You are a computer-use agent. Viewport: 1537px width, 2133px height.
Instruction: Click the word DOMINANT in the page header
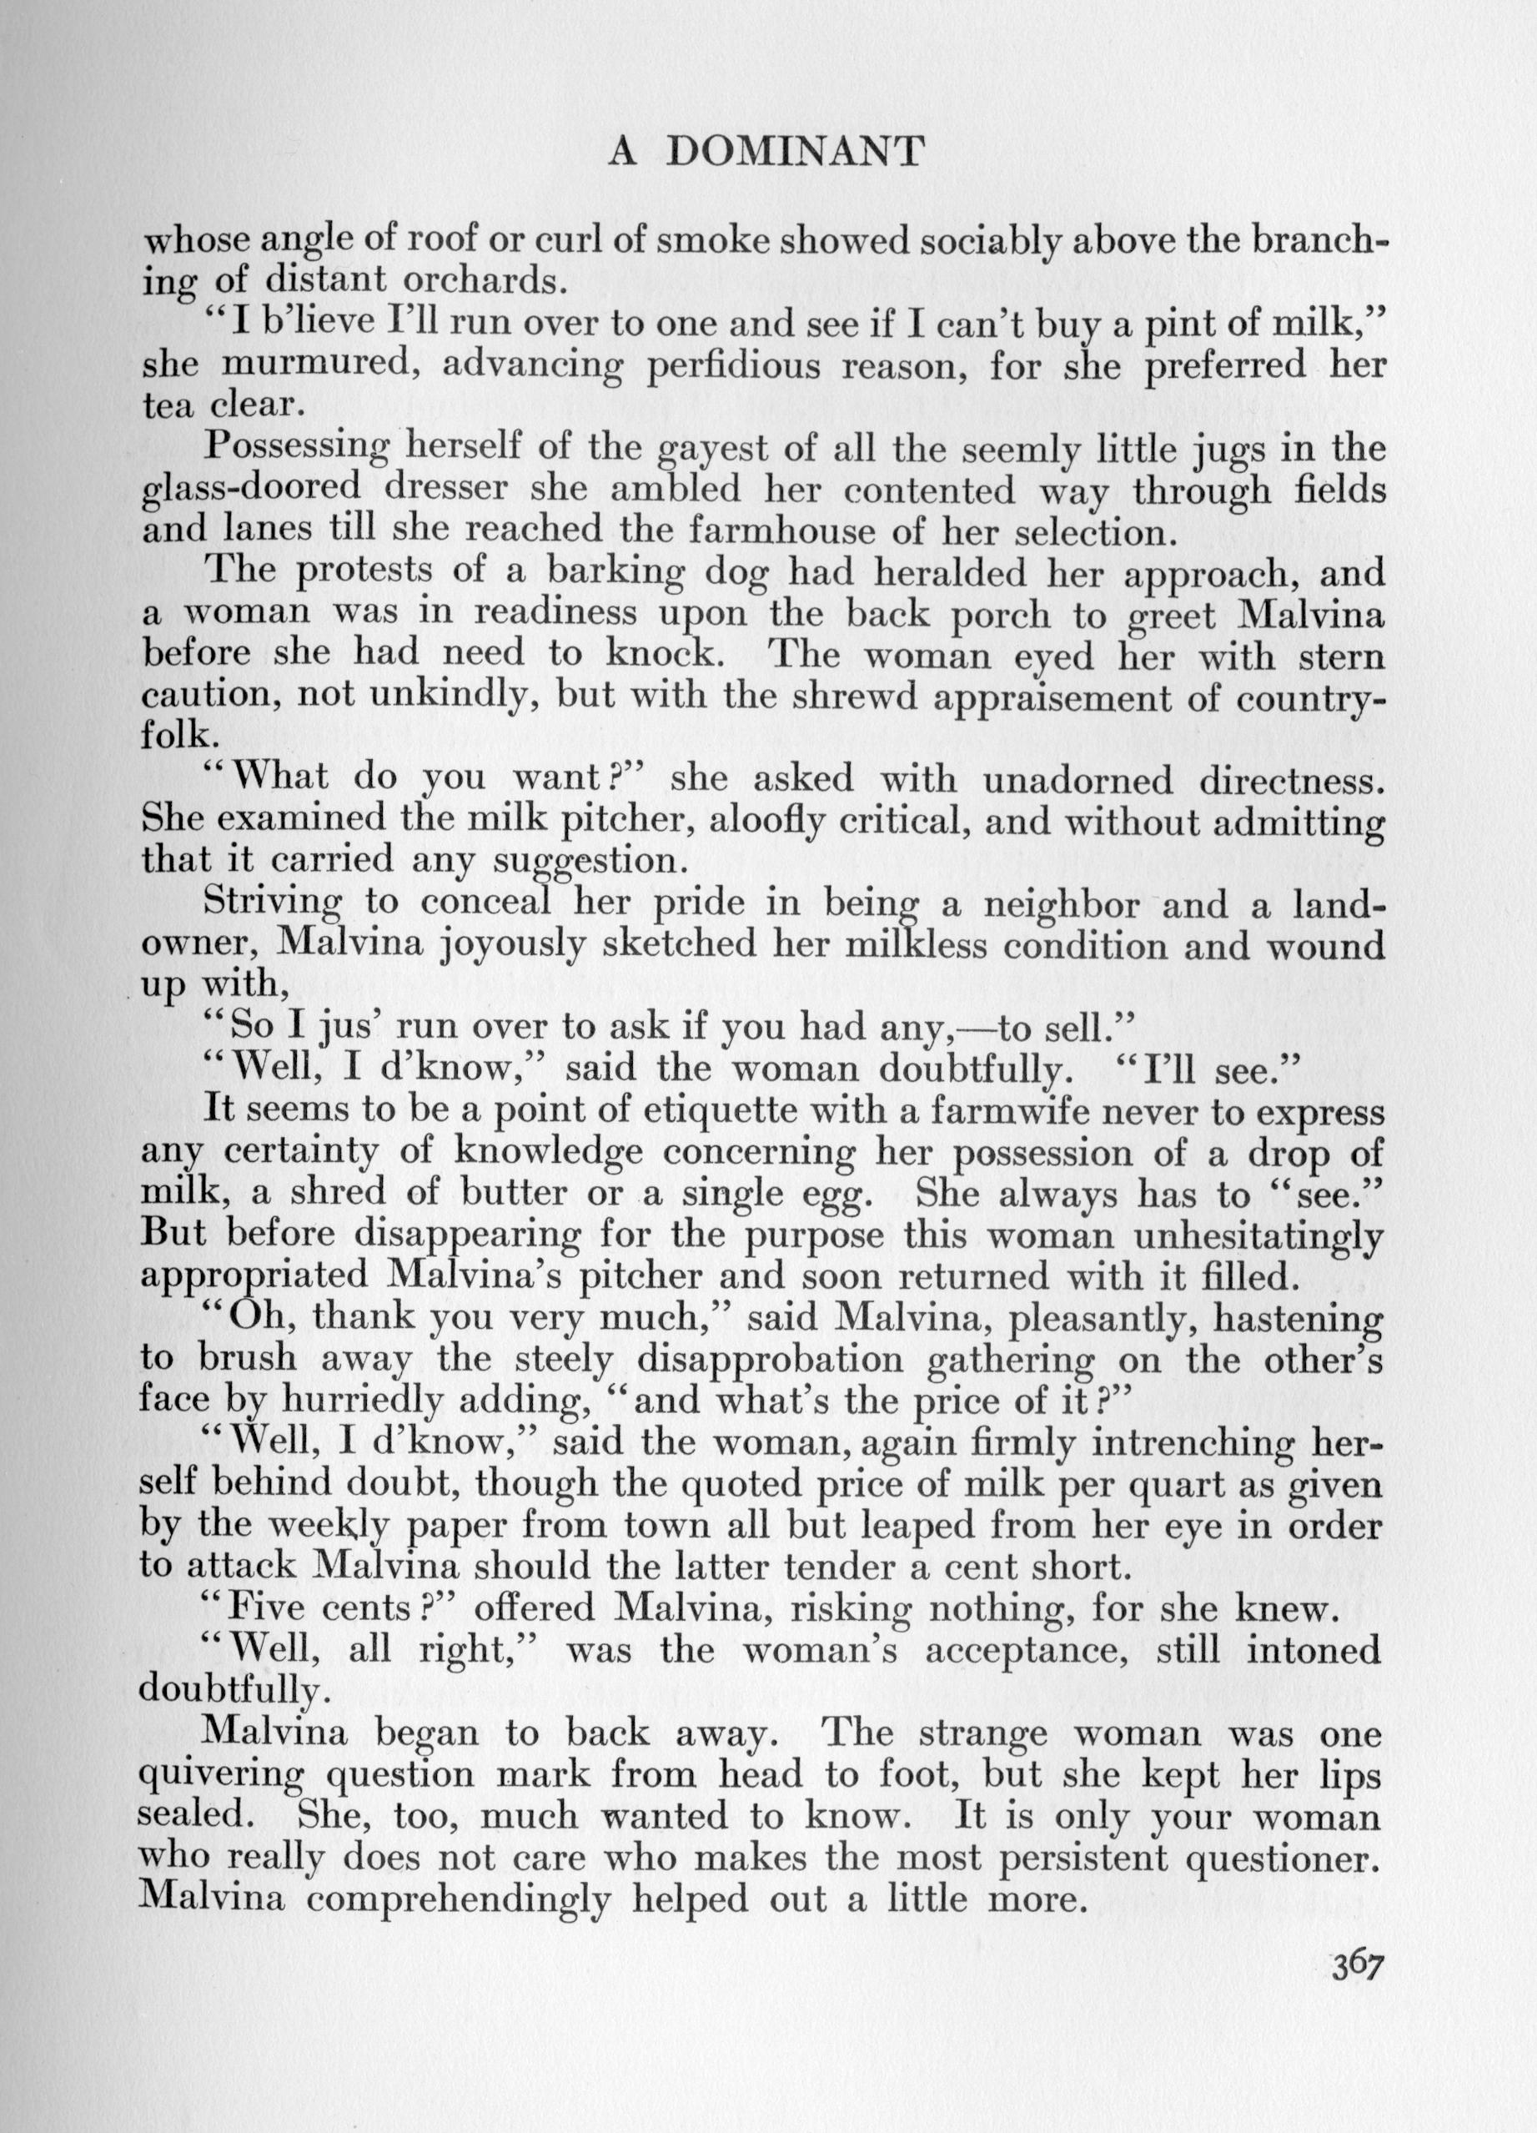tap(796, 152)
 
